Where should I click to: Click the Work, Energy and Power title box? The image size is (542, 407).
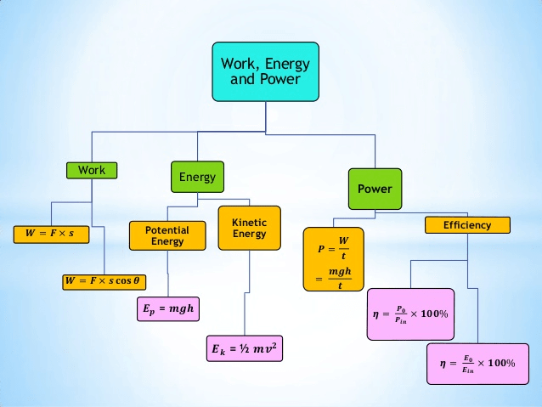tap(266, 71)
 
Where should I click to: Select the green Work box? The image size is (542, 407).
tap(92, 170)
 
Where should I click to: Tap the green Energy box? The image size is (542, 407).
tap(197, 178)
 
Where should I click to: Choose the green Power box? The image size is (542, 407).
tap(374, 189)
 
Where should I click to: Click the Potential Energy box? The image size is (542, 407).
tap(167, 235)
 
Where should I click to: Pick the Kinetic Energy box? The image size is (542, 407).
tap(249, 228)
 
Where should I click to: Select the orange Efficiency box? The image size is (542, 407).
tap(467, 225)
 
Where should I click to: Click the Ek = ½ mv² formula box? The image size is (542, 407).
tap(245, 348)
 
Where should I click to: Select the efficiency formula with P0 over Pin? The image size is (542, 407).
tap(410, 314)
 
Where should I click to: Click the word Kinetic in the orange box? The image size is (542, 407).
tap(249, 222)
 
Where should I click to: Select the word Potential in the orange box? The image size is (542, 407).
tap(167, 230)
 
